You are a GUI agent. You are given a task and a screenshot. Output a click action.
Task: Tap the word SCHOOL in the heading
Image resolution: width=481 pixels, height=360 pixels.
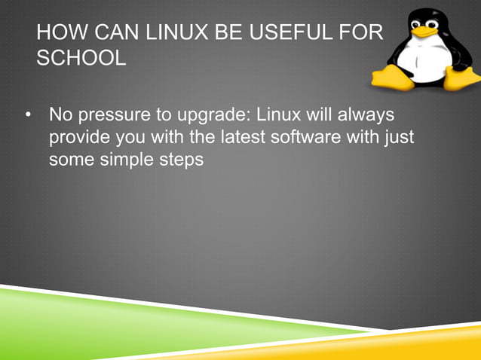(81, 58)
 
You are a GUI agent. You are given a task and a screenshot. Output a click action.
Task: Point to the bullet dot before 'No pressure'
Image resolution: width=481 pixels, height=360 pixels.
(28, 117)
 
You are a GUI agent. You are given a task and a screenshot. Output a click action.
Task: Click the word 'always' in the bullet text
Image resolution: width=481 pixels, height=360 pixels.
(367, 117)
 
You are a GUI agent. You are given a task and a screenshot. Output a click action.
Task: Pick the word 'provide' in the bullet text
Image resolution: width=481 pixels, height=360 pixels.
(78, 139)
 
